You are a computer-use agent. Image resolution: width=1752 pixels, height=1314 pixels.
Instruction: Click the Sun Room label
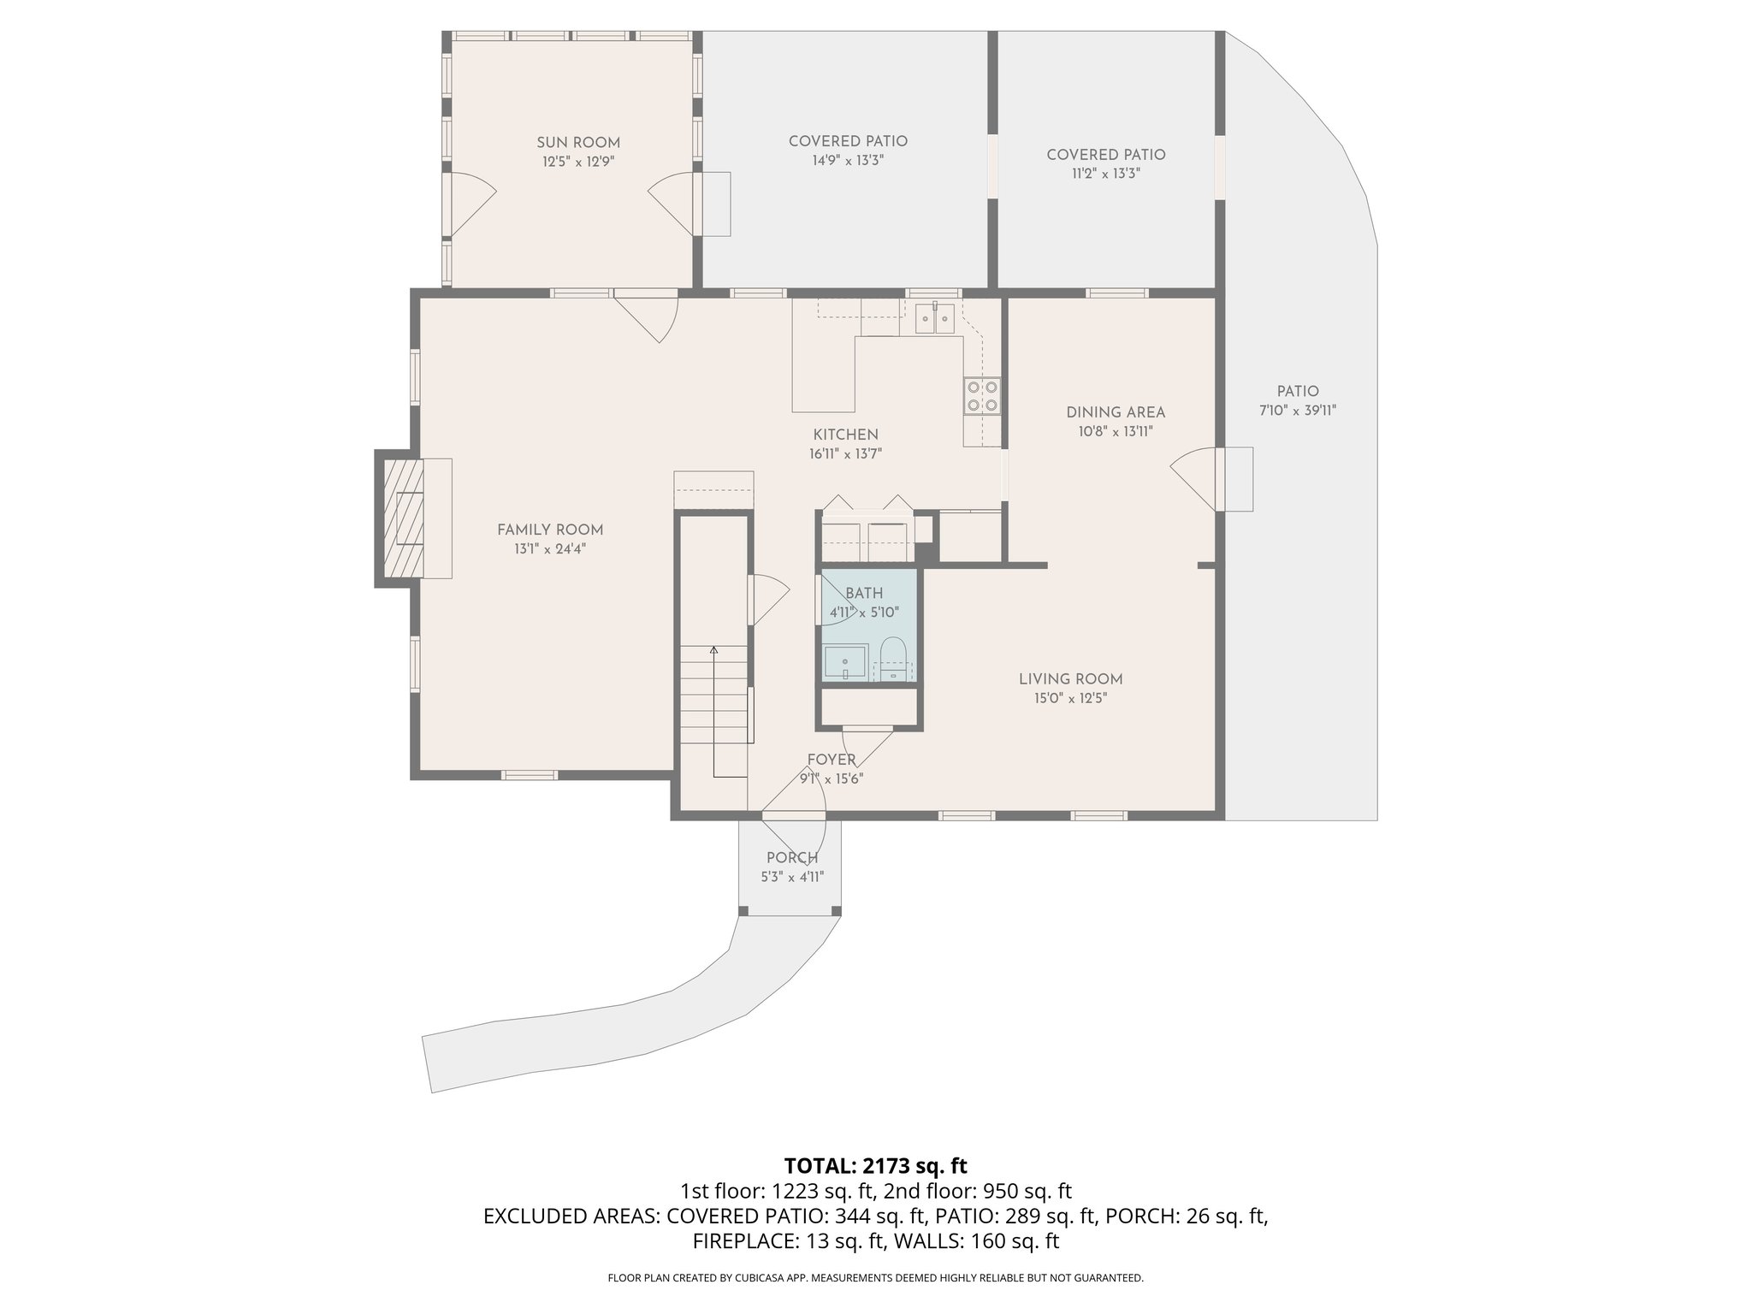578,143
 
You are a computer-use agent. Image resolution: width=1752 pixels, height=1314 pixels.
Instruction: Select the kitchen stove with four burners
982,396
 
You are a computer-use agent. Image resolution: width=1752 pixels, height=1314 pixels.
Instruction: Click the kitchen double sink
935,318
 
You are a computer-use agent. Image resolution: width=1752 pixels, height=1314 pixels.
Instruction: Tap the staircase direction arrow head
713,649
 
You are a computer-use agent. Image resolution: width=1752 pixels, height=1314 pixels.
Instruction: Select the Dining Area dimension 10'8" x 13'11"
1116,432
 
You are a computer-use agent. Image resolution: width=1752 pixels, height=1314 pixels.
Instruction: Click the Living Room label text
1070,679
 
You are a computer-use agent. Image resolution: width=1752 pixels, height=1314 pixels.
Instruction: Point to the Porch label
792,858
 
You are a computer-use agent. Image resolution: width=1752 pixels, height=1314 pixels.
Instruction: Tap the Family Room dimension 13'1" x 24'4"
550,549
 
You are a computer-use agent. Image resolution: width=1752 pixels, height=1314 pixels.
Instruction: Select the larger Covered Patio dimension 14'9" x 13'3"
847,161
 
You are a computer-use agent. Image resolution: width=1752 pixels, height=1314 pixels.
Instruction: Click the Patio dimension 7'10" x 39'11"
1297,411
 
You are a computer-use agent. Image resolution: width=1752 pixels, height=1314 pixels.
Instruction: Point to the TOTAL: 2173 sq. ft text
875,1165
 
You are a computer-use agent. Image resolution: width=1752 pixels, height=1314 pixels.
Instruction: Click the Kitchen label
845,435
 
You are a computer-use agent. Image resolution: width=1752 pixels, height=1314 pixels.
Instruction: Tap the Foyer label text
832,760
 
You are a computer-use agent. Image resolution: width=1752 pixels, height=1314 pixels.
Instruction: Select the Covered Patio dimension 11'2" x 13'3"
1105,174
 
